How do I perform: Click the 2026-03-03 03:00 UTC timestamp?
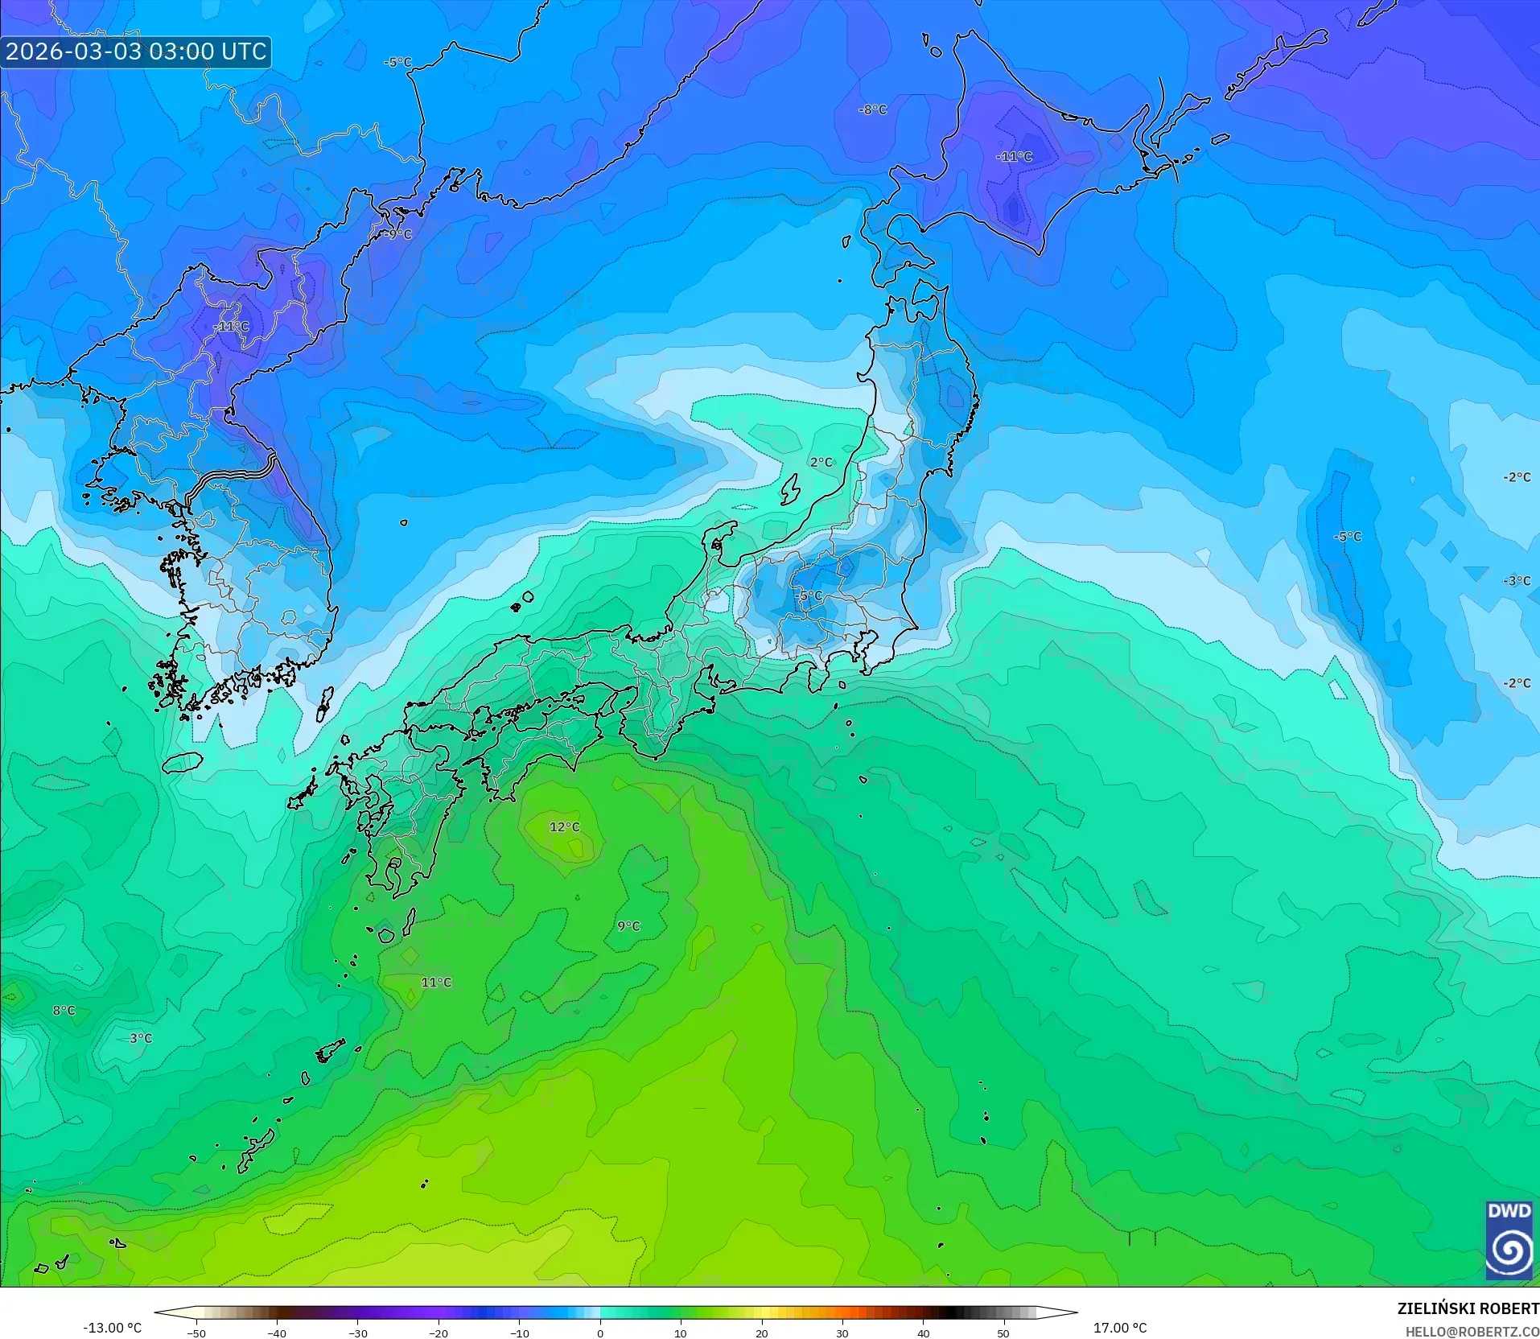135,51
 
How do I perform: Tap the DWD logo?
1509,1241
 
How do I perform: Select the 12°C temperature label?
564,827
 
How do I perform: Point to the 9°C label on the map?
628,926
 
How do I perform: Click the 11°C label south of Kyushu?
436,983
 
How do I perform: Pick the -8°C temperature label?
873,109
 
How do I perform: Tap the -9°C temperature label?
397,234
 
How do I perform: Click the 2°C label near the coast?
821,462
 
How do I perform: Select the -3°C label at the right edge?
1517,581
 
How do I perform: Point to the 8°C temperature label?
64,1011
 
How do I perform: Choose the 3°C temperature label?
141,1038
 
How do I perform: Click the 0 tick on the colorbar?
600,1333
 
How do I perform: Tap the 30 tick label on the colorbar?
842,1333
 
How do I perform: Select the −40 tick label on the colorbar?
277,1333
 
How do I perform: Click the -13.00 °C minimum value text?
112,1328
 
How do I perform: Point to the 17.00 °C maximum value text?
1119,1328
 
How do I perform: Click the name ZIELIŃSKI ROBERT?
1468,1309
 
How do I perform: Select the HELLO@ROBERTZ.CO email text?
1472,1332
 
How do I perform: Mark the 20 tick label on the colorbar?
761,1333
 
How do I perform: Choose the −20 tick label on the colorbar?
438,1333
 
